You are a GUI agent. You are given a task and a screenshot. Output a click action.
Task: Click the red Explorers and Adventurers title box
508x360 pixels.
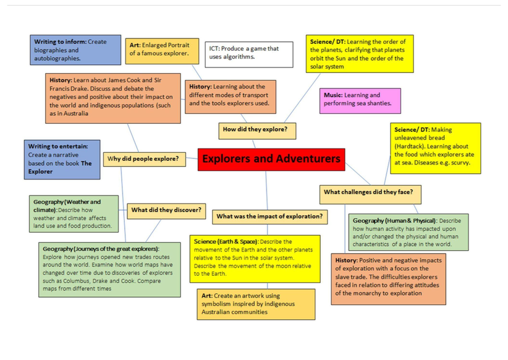click(271, 159)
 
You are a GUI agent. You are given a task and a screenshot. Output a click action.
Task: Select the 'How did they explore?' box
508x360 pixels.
click(258, 131)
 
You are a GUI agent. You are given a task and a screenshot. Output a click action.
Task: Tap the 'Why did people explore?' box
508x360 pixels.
click(143, 159)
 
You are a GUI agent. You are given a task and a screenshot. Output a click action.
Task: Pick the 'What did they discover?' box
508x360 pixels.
click(166, 210)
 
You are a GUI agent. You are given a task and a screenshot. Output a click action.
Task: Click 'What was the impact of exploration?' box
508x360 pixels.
click(269, 216)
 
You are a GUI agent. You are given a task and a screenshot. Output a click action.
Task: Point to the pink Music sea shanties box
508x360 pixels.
click(361, 100)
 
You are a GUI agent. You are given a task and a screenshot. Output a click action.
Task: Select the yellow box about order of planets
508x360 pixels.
click(360, 54)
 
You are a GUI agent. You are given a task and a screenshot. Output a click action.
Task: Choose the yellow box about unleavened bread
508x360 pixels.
click(435, 147)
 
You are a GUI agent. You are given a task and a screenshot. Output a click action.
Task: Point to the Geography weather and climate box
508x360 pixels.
click(74, 213)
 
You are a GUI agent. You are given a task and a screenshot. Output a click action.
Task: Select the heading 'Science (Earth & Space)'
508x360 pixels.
click(226, 241)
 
